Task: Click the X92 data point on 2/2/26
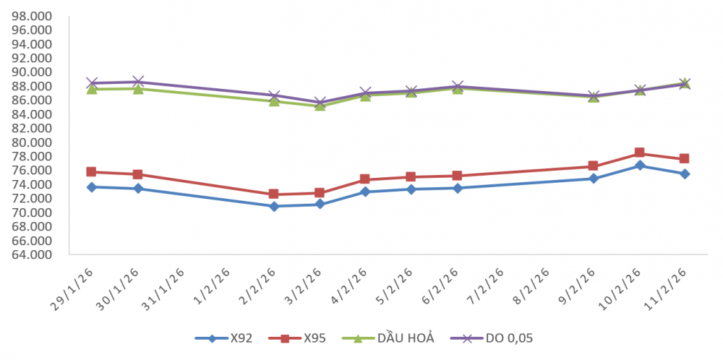[274, 206]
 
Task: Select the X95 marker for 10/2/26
[639, 153]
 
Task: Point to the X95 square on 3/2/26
[320, 193]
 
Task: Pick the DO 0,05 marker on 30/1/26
[137, 82]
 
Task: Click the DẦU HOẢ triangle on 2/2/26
[274, 101]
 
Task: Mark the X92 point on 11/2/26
[685, 173]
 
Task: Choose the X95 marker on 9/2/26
[594, 166]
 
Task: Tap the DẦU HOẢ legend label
[406, 338]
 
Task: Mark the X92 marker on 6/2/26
[457, 188]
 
